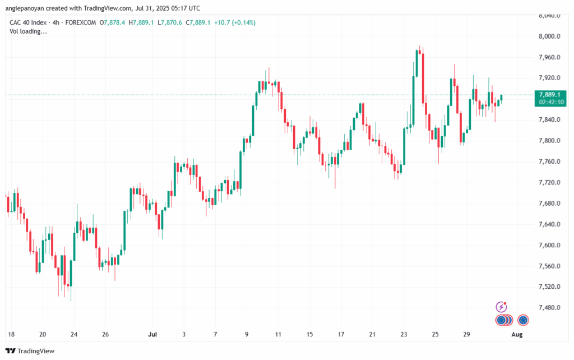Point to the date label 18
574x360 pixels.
[x=11, y=334]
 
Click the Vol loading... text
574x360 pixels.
[x=29, y=31]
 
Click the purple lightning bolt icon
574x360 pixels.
[x=502, y=307]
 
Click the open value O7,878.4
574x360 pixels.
[x=112, y=22]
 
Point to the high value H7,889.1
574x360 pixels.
[x=141, y=22]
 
